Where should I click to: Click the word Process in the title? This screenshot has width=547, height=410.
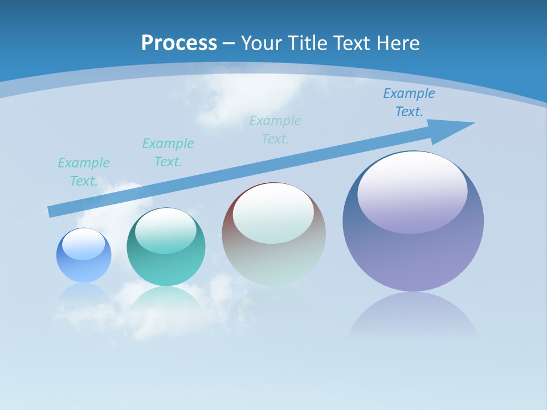(179, 43)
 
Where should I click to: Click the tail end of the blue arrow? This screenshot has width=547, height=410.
(51, 211)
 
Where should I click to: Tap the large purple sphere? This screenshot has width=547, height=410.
(413, 256)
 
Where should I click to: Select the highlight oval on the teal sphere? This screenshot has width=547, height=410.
(166, 231)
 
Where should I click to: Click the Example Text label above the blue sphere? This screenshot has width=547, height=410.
(84, 172)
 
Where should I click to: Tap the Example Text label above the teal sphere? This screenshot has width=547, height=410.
(168, 153)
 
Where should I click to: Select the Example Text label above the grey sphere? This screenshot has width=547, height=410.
(275, 130)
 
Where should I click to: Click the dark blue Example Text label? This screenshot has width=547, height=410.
(409, 102)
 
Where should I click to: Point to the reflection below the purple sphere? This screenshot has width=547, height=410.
(413, 316)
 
